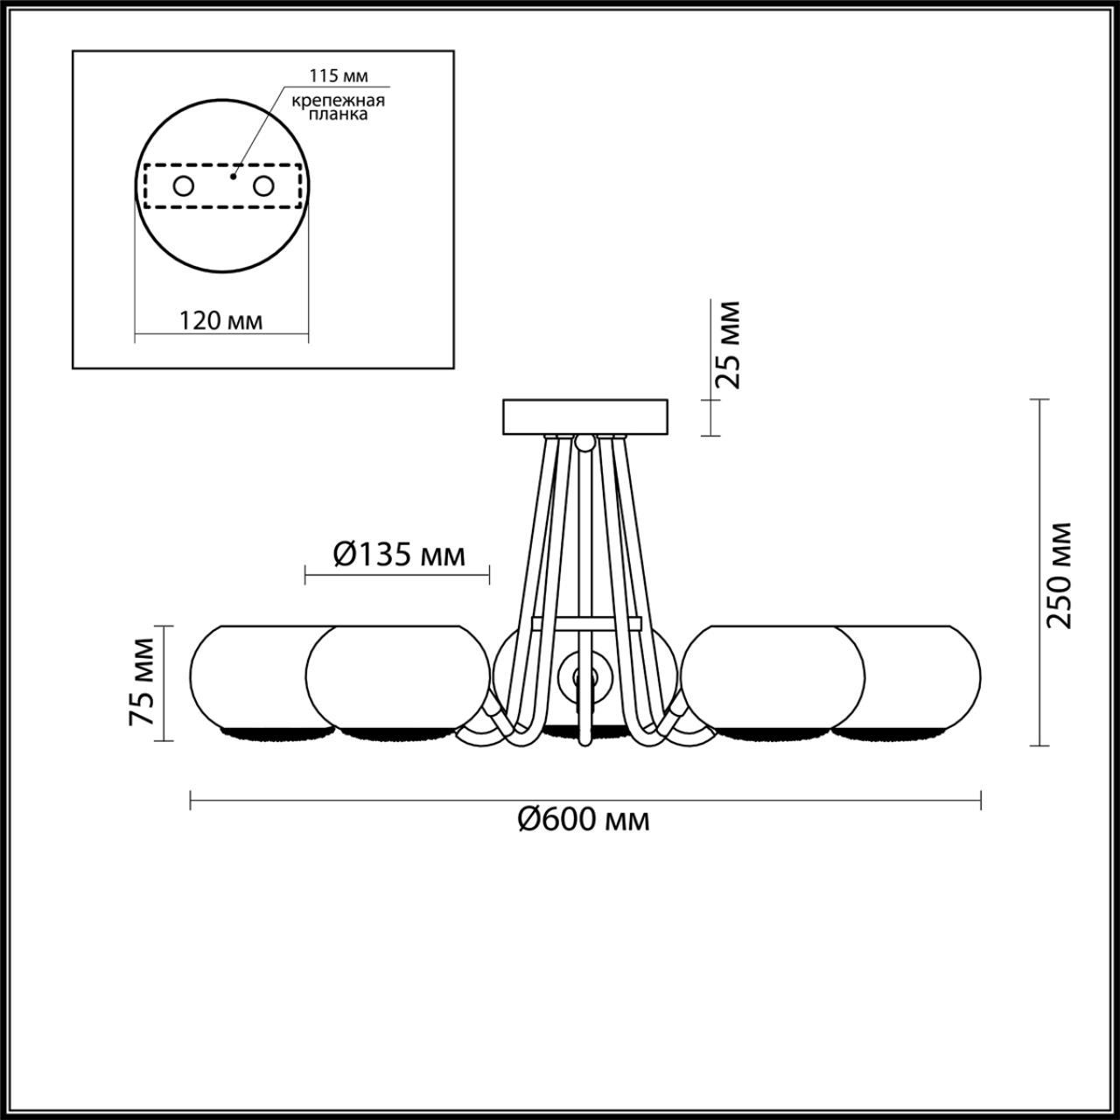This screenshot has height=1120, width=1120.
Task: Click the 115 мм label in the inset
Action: click(x=339, y=75)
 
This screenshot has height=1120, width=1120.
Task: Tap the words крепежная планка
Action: click(x=339, y=108)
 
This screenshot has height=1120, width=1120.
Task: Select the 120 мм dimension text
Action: click(x=220, y=320)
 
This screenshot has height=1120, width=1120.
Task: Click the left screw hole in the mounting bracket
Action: click(x=183, y=186)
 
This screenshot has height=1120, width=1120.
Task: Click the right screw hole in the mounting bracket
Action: click(x=262, y=186)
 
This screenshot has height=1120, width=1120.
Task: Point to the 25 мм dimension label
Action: click(x=728, y=345)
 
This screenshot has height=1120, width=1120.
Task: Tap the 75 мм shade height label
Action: click(x=141, y=682)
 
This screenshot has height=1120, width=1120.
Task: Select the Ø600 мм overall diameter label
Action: click(x=584, y=820)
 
